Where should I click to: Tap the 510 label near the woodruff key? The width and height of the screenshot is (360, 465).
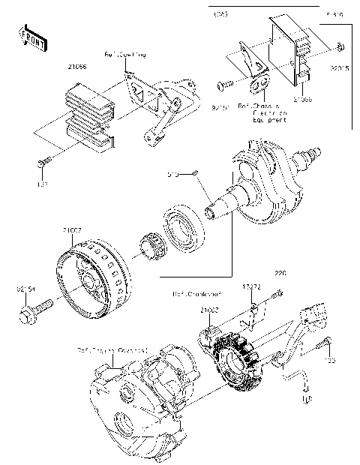click(172, 176)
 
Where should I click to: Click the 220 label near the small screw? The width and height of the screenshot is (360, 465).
click(280, 273)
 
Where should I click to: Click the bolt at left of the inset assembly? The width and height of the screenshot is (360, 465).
click(223, 85)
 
